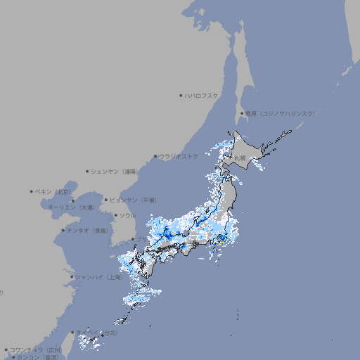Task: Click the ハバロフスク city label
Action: [x=202, y=95]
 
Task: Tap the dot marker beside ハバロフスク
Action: [x=181, y=95]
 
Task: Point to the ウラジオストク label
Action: [x=179, y=156]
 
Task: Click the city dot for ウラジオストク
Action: [x=155, y=157]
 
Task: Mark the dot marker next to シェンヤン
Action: [x=88, y=171]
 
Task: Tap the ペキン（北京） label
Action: [x=55, y=191]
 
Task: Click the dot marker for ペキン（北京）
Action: [x=32, y=191]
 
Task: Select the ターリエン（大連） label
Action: [x=71, y=207]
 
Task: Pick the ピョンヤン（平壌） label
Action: [x=133, y=200]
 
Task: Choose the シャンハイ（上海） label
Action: [x=99, y=277]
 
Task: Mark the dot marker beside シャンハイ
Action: [x=72, y=277]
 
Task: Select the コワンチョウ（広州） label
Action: [x=36, y=349]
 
